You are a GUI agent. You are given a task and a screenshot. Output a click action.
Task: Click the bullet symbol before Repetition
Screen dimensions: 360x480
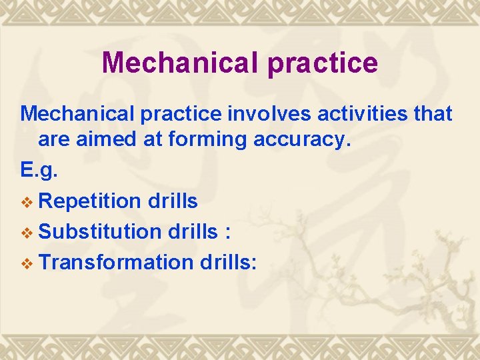click(x=27, y=201)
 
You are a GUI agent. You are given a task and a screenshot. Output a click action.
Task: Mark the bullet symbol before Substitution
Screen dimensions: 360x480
click(x=27, y=232)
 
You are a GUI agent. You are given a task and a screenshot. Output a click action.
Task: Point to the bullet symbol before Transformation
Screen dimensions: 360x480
click(x=27, y=263)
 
